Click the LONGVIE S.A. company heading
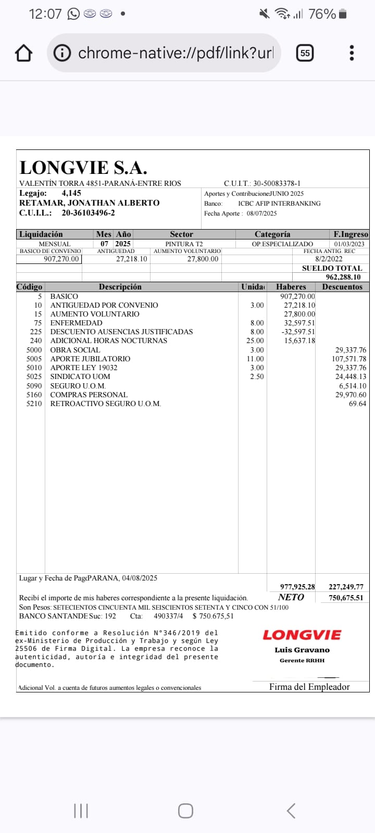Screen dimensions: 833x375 83,168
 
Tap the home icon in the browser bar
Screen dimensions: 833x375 24,53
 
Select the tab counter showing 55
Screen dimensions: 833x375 305,53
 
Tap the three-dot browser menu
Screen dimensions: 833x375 352,53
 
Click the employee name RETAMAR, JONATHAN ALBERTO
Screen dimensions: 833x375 89,203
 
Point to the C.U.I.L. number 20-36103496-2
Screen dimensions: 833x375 88,213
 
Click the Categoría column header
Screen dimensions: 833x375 272,234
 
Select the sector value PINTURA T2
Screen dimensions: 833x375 184,244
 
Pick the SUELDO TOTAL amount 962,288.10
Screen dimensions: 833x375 343,277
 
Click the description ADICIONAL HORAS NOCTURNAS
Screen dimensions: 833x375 109,340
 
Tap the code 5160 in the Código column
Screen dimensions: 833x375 34,395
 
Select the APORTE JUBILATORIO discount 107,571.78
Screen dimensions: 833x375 349,359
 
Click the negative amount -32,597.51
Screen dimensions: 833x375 298,332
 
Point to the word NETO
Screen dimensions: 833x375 291,597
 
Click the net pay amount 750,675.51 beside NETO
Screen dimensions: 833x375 346,598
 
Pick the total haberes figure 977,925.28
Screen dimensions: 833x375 297,587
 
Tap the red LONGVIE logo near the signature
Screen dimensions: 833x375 302,635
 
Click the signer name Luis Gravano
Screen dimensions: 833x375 302,650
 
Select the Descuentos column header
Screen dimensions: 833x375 342,287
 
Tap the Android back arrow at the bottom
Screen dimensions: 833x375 291,811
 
